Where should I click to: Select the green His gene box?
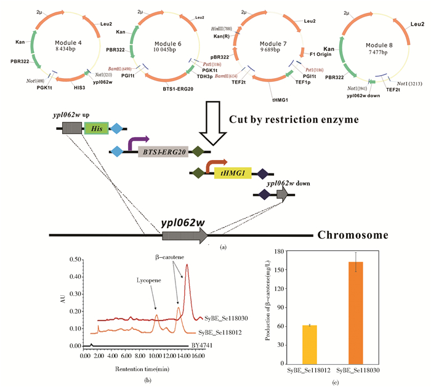pos(97,129)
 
